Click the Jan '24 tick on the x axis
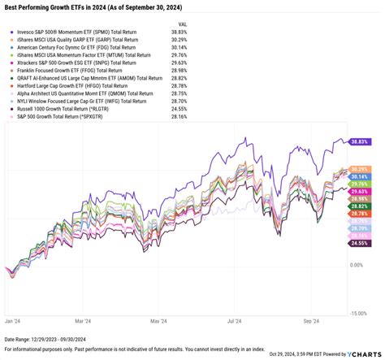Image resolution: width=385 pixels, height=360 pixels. (x=13, y=320)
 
